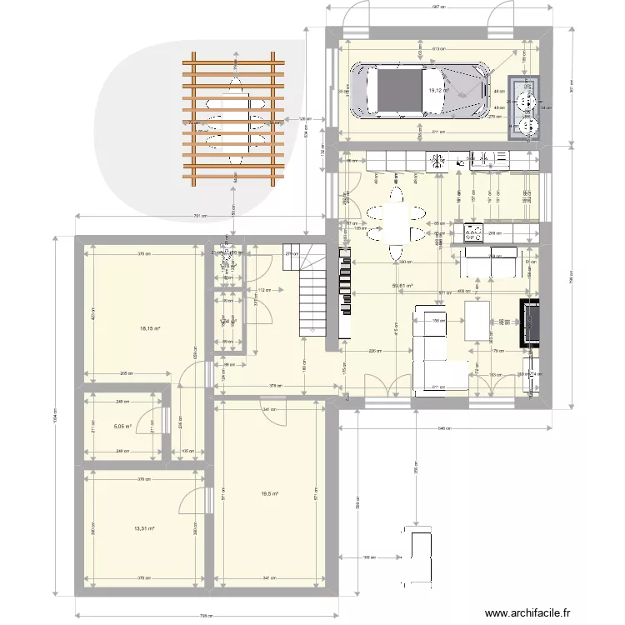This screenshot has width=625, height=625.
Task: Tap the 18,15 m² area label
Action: click(x=150, y=328)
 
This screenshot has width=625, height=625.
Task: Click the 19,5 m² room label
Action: click(x=270, y=494)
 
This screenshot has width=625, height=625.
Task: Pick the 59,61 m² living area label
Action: click(x=403, y=286)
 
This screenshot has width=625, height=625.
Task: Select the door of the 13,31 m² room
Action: click(x=193, y=497)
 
